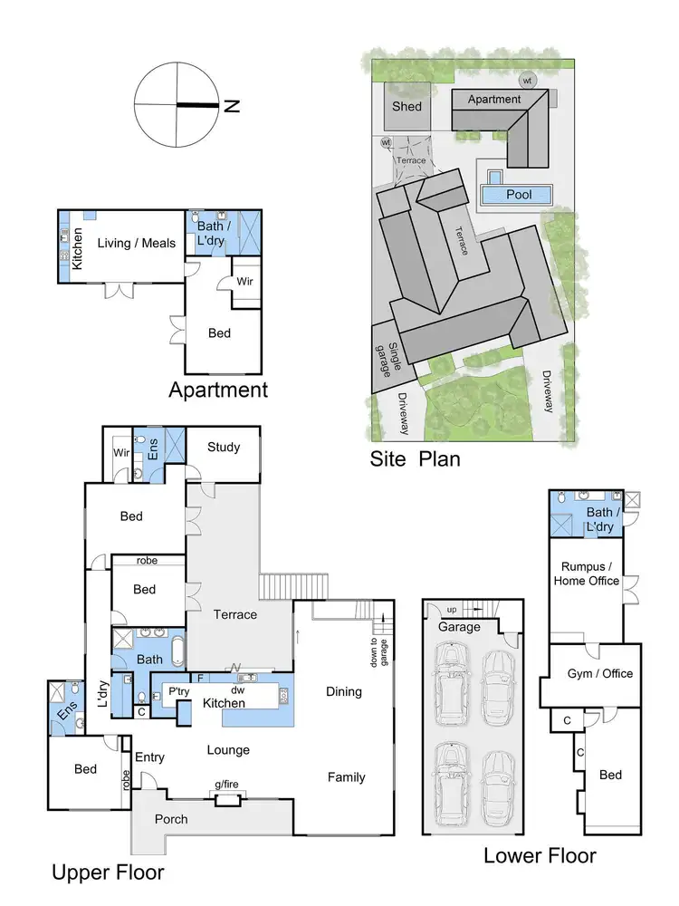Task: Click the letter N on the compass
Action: [232, 106]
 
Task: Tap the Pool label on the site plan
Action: [519, 194]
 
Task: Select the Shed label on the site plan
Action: [406, 107]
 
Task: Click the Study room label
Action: [224, 447]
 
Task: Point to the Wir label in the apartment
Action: [244, 281]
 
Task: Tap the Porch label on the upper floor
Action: [171, 819]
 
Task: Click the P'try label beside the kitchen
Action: [177, 691]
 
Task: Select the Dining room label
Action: [343, 691]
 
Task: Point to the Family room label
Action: [346, 776]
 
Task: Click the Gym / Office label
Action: [600, 673]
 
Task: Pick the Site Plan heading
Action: [415, 458]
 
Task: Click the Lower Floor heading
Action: [540, 855]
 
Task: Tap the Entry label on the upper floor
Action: [148, 757]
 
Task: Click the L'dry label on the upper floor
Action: [102, 693]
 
